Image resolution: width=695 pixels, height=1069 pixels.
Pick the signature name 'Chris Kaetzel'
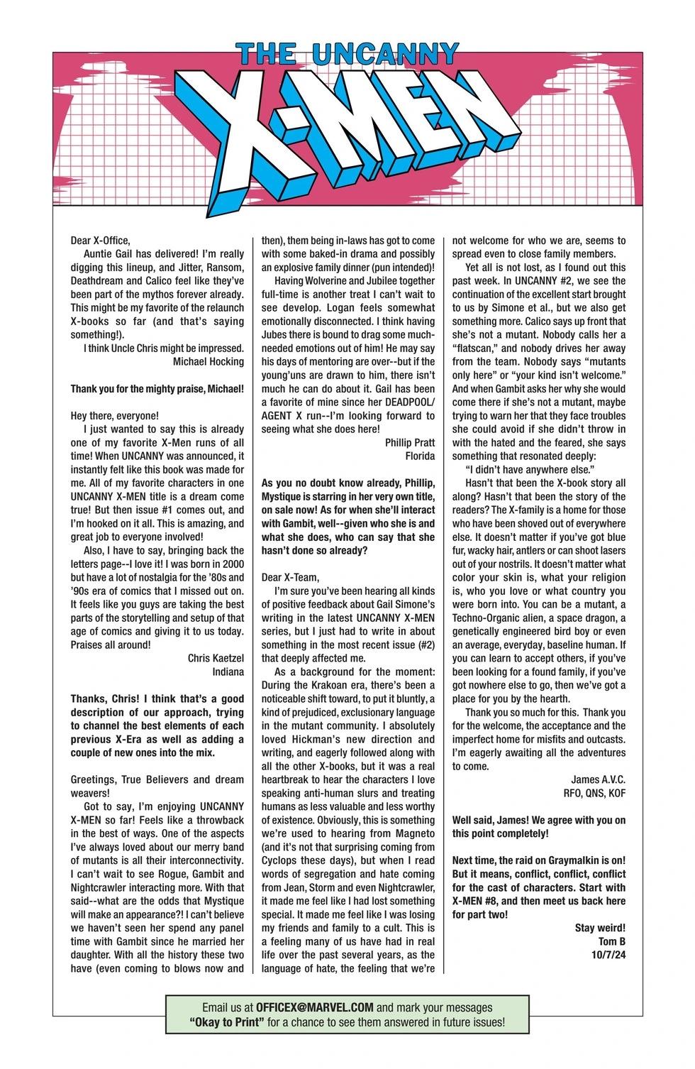click(216, 658)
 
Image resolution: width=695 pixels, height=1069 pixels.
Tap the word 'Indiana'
click(228, 671)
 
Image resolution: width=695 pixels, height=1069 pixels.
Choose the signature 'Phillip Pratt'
click(410, 442)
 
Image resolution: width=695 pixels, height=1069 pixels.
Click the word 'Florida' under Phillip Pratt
click(420, 456)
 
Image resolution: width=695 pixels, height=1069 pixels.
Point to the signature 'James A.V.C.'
click(598, 779)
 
